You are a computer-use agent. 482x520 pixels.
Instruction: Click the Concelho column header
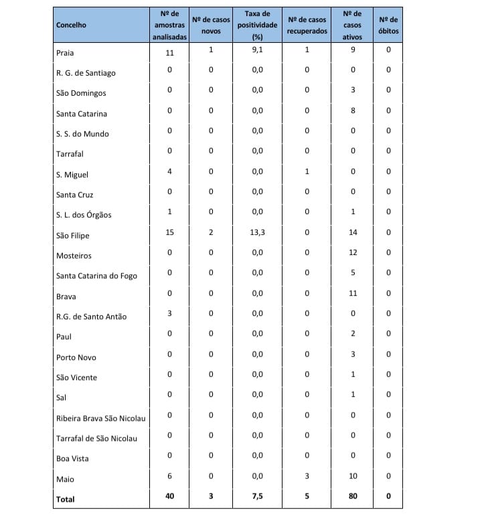coord(72,25)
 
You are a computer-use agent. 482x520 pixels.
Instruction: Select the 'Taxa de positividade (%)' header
coord(257,25)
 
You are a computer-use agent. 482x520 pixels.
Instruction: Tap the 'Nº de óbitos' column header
coord(388,25)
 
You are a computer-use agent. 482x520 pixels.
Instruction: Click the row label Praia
coord(65,52)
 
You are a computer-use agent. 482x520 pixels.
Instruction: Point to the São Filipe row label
coord(73,236)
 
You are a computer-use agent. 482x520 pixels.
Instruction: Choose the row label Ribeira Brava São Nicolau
coord(101,418)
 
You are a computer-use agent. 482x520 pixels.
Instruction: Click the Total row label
coord(66,499)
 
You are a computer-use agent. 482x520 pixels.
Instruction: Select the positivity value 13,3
coord(257,232)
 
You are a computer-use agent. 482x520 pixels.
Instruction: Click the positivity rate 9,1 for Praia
coord(257,50)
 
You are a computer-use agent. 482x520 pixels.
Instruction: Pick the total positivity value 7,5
coord(257,496)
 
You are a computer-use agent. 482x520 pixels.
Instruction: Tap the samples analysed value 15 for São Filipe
coord(169,232)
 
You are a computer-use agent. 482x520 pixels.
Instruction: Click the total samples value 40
coord(169,496)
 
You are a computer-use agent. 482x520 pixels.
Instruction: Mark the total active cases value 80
coord(353,496)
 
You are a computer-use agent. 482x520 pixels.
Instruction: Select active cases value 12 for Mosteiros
coord(353,252)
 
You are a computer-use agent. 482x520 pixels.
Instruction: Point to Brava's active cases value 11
coord(353,293)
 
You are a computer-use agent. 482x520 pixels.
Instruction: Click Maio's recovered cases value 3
coord(307,476)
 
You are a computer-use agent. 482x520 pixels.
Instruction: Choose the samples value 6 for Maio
coord(169,476)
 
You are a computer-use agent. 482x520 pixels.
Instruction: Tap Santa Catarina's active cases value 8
coord(353,110)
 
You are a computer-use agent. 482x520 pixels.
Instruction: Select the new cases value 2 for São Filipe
coord(211,232)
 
